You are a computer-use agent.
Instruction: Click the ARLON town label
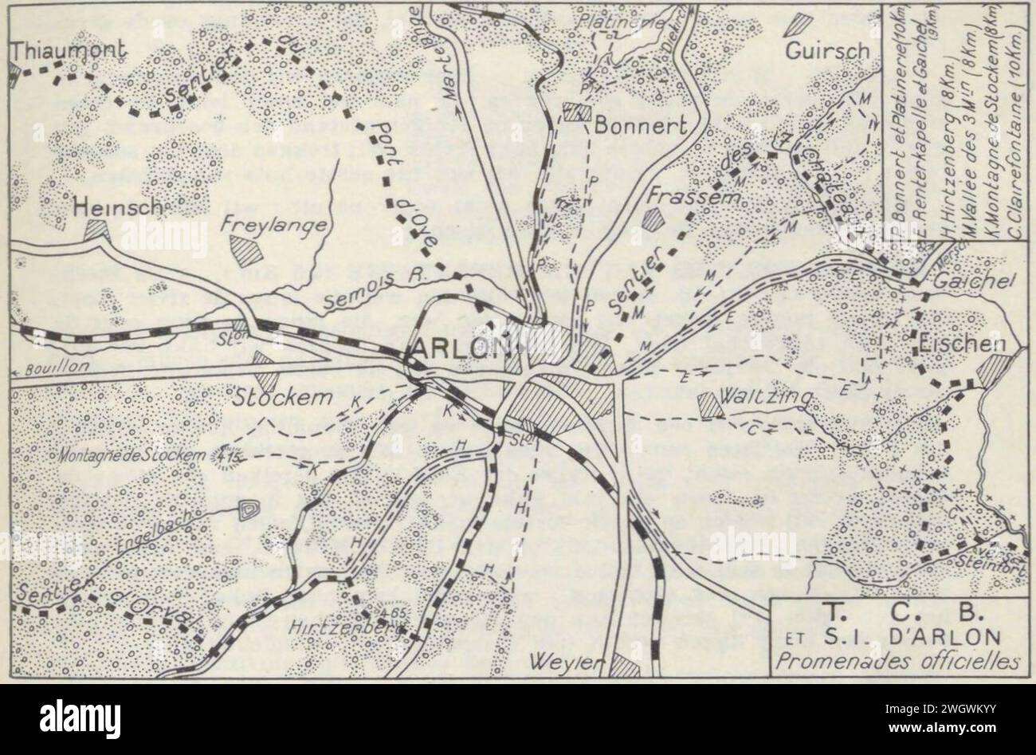coord(457,348)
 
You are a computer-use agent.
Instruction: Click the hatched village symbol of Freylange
coord(246,251)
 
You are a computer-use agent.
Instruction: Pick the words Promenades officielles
coord(901,662)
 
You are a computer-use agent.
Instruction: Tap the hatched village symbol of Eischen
coord(995,369)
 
